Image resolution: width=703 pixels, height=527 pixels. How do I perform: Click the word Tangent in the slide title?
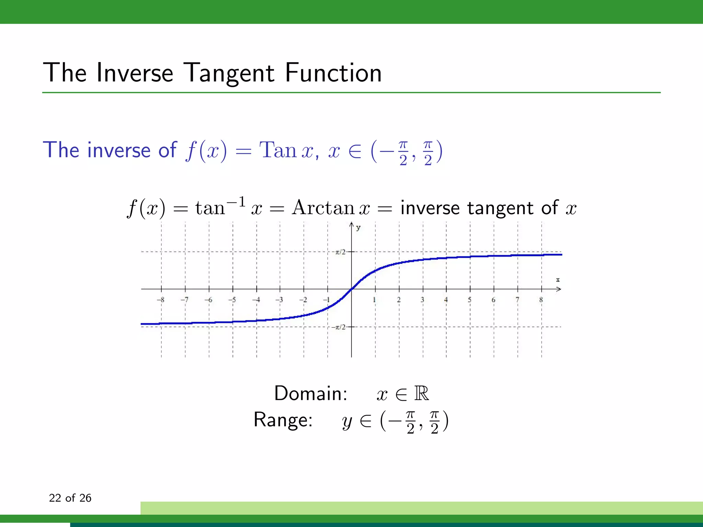(229, 73)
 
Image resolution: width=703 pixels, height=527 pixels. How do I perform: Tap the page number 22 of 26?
(70, 498)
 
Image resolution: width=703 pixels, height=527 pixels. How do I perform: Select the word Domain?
(311, 393)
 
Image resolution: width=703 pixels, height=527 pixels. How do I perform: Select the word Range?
(283, 420)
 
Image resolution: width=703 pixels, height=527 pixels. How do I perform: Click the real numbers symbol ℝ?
(422, 393)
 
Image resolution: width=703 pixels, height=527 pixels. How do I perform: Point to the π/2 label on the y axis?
(340, 252)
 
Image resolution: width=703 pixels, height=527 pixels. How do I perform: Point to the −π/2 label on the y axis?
(338, 327)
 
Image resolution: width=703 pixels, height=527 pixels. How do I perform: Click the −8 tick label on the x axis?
(161, 300)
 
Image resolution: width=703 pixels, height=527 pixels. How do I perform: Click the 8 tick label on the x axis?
(541, 300)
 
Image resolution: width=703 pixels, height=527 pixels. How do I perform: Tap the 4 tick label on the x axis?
(446, 300)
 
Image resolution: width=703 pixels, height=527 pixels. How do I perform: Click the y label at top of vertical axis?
(358, 228)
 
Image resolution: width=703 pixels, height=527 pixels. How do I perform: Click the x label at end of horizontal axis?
(558, 280)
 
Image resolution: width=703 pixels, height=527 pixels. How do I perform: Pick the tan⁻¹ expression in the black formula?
(220, 207)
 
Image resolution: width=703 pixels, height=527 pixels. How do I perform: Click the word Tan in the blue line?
(278, 150)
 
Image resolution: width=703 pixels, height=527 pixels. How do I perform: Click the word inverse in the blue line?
(119, 150)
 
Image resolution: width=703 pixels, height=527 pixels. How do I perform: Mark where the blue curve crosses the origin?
(351, 289)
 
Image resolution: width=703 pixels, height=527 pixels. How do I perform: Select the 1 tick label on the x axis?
(374, 300)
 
